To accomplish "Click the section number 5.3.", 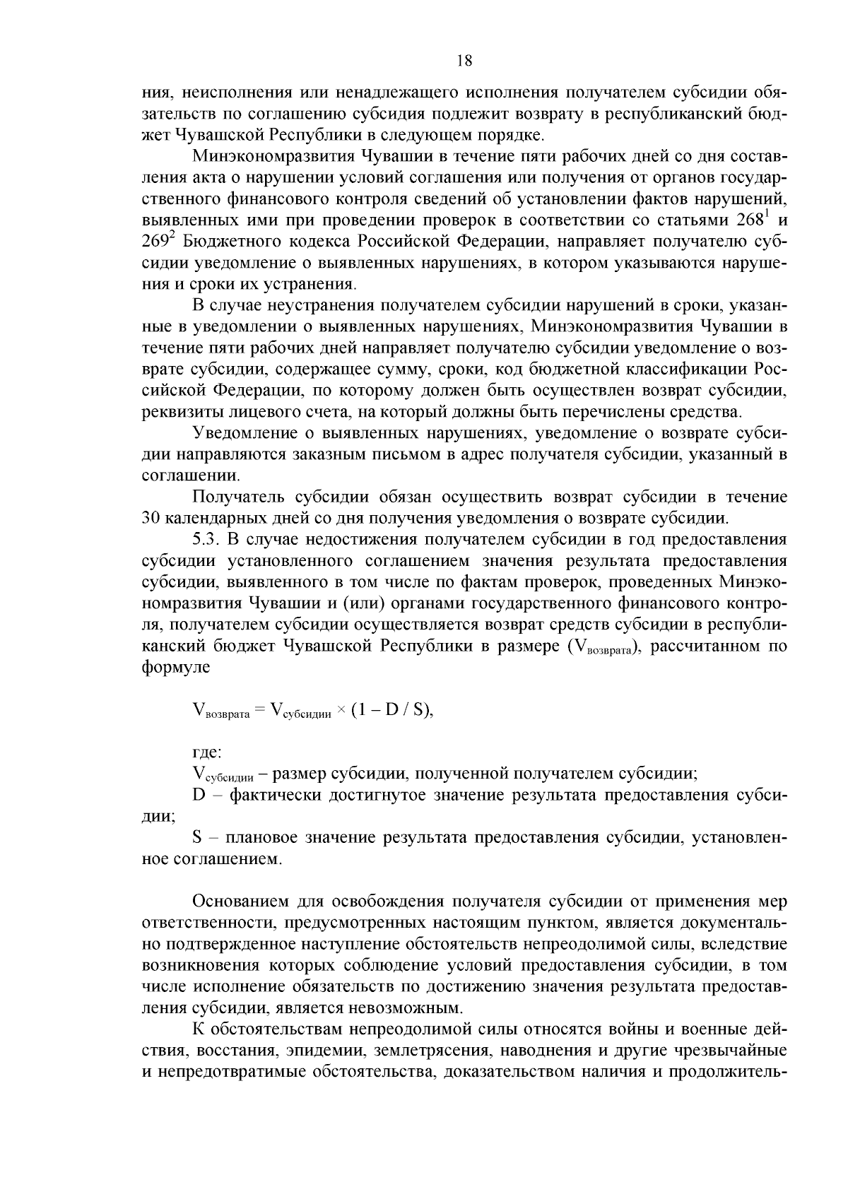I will pyautogui.click(x=208, y=539).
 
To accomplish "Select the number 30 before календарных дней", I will pyautogui.click(x=152, y=518).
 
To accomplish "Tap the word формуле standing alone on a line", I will pyautogui.click(x=177, y=667).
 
